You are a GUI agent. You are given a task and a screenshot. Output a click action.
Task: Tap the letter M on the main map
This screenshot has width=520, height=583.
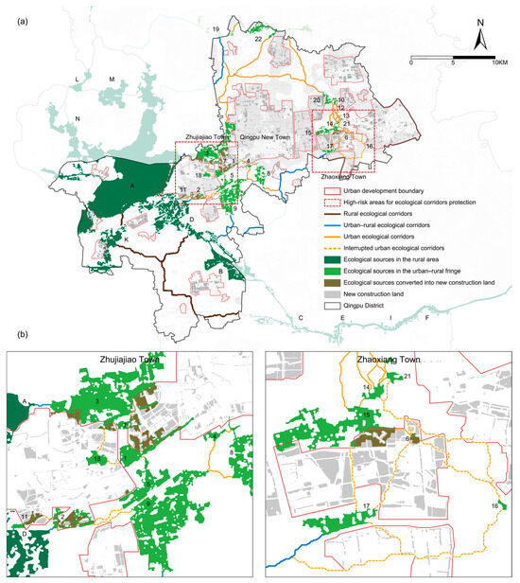tap(111, 79)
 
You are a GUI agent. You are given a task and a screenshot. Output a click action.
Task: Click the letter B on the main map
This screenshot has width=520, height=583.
tap(220, 272)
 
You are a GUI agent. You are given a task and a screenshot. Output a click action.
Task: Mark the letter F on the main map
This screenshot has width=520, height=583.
tap(427, 320)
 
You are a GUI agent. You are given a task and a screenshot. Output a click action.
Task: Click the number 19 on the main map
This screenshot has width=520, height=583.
tap(217, 31)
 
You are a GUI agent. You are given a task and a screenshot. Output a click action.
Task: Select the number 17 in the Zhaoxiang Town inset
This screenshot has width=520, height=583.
tap(365, 508)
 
